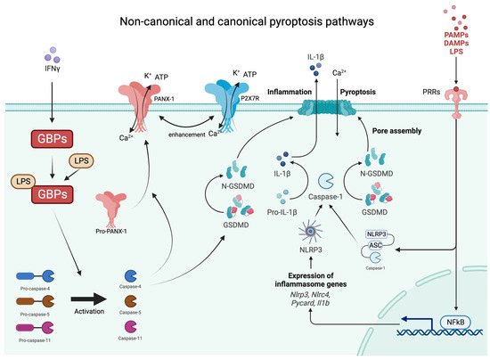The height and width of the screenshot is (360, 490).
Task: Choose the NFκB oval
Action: click(x=454, y=322)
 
